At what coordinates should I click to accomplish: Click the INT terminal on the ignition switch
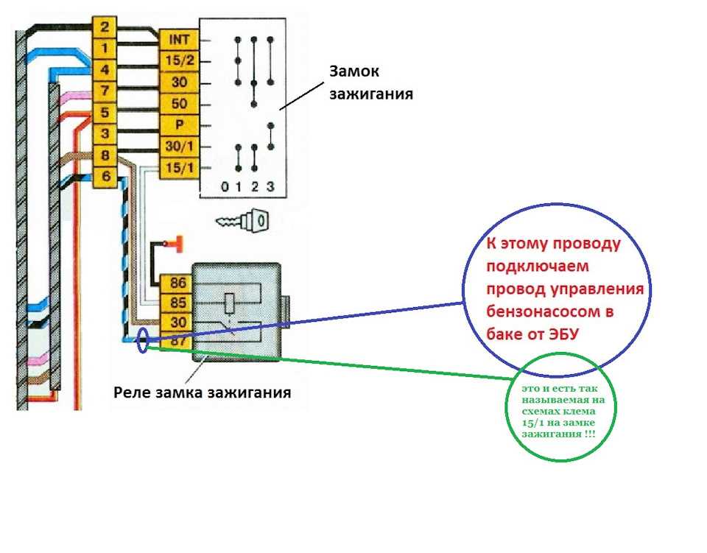point(180,40)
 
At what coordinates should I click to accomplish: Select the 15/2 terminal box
point(180,61)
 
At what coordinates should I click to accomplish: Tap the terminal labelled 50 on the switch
point(180,104)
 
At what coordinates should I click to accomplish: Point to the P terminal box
point(180,125)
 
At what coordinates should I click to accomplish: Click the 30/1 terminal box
point(180,147)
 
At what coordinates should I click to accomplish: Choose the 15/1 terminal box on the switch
point(180,168)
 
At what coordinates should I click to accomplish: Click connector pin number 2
point(105,27)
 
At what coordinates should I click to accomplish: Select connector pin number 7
point(105,91)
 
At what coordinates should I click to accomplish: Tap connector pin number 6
point(105,177)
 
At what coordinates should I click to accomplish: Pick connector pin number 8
point(105,155)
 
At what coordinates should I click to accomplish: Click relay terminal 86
point(177,283)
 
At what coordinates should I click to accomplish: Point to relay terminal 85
point(177,303)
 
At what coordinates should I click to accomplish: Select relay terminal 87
point(177,341)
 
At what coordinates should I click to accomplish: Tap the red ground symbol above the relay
point(178,244)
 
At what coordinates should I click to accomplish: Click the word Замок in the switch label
point(354,71)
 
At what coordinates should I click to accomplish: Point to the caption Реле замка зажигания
point(202,392)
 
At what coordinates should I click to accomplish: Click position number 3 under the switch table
point(270,186)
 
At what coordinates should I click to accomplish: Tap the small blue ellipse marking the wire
point(143,340)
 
